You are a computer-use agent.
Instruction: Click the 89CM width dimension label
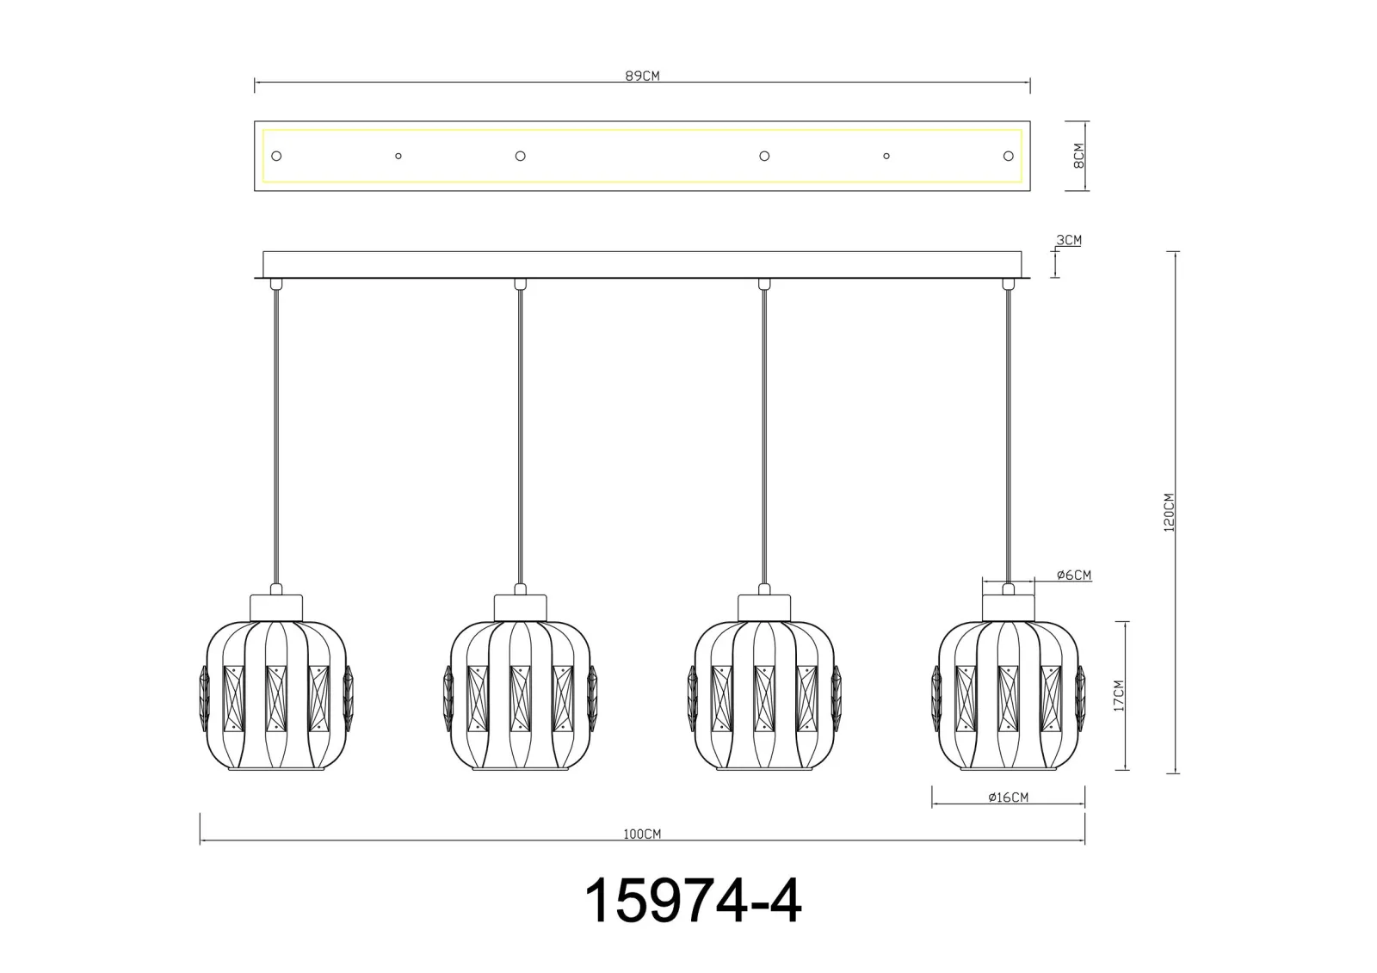coord(642,77)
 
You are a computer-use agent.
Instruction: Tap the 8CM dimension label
coord(1078,156)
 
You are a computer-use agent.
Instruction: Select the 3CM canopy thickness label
coord(1068,240)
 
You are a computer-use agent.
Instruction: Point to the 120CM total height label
coord(1169,512)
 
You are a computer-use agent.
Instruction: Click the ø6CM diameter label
coord(1074,575)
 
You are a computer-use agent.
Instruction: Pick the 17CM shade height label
coord(1119,696)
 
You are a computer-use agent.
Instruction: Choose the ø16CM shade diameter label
coord(1008,797)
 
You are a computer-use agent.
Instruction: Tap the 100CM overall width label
coord(642,834)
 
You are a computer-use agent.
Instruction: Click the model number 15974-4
coord(693,901)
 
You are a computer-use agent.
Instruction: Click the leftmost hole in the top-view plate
coord(276,156)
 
